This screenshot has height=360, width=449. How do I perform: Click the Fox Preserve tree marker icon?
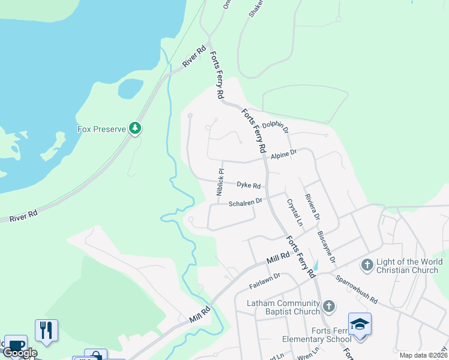point(136,128)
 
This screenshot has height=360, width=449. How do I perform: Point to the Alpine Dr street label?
point(284,155)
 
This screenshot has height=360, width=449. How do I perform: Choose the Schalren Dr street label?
point(246,203)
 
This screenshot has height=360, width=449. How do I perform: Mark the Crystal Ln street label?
point(294,212)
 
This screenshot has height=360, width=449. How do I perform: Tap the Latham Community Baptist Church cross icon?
point(328,307)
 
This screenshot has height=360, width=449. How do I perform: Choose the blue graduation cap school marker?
point(360,325)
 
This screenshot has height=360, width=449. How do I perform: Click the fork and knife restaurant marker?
point(46,329)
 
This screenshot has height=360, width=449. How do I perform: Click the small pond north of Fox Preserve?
point(130,88)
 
